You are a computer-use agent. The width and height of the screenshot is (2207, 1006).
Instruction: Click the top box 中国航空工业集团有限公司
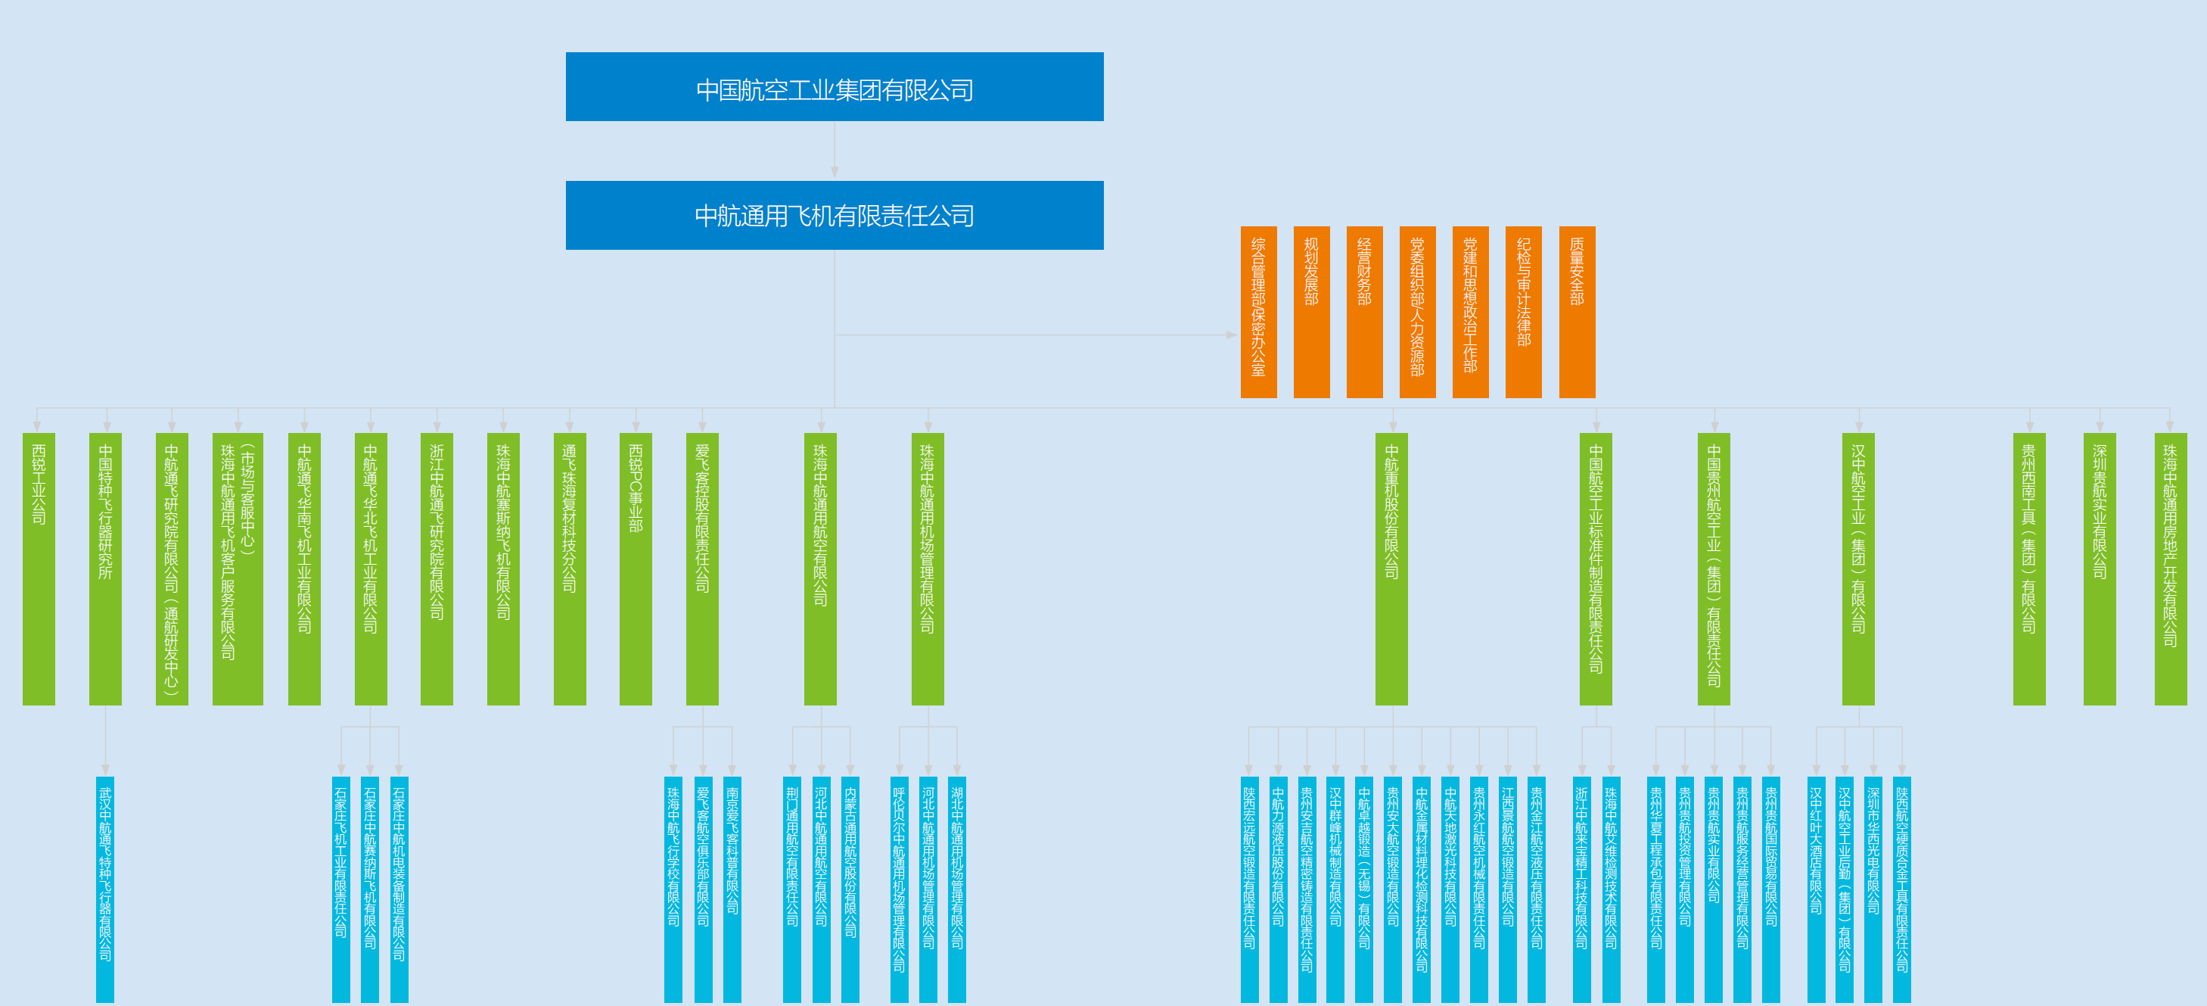[x=834, y=87]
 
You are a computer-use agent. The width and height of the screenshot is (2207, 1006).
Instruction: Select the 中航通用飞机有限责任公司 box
[x=834, y=215]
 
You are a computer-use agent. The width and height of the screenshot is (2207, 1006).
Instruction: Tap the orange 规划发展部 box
[x=1311, y=312]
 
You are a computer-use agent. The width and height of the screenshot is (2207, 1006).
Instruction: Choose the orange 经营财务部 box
[x=1364, y=312]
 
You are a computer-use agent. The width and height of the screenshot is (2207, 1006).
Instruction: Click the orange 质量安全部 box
[x=1577, y=312]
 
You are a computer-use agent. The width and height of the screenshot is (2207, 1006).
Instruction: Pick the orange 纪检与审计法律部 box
[x=1523, y=312]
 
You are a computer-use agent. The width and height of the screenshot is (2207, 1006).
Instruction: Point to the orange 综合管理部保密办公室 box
[x=1257, y=312]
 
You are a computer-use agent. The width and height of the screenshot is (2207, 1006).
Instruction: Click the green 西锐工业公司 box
[x=39, y=569]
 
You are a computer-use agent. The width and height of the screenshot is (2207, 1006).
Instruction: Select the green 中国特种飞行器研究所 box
[x=105, y=569]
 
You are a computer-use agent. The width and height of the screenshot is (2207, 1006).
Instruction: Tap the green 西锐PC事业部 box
[x=635, y=569]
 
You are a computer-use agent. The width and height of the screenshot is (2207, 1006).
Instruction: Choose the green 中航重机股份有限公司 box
[x=1391, y=569]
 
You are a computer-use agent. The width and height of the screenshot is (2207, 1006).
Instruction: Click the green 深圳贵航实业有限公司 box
[x=2099, y=569]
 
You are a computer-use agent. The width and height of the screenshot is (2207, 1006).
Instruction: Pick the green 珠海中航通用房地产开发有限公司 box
[x=2170, y=569]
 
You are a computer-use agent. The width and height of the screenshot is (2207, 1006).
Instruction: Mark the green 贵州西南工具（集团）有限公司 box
[x=2028, y=569]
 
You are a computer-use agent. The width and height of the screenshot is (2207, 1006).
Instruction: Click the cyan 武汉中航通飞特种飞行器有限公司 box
[x=104, y=889]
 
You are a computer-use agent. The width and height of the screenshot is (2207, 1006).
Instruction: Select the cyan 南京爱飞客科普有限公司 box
[x=732, y=889]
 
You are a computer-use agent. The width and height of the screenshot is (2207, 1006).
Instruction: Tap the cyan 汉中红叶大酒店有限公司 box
[x=1816, y=889]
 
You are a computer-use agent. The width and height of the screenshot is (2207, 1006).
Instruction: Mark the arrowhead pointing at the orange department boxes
[x=1232, y=335]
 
